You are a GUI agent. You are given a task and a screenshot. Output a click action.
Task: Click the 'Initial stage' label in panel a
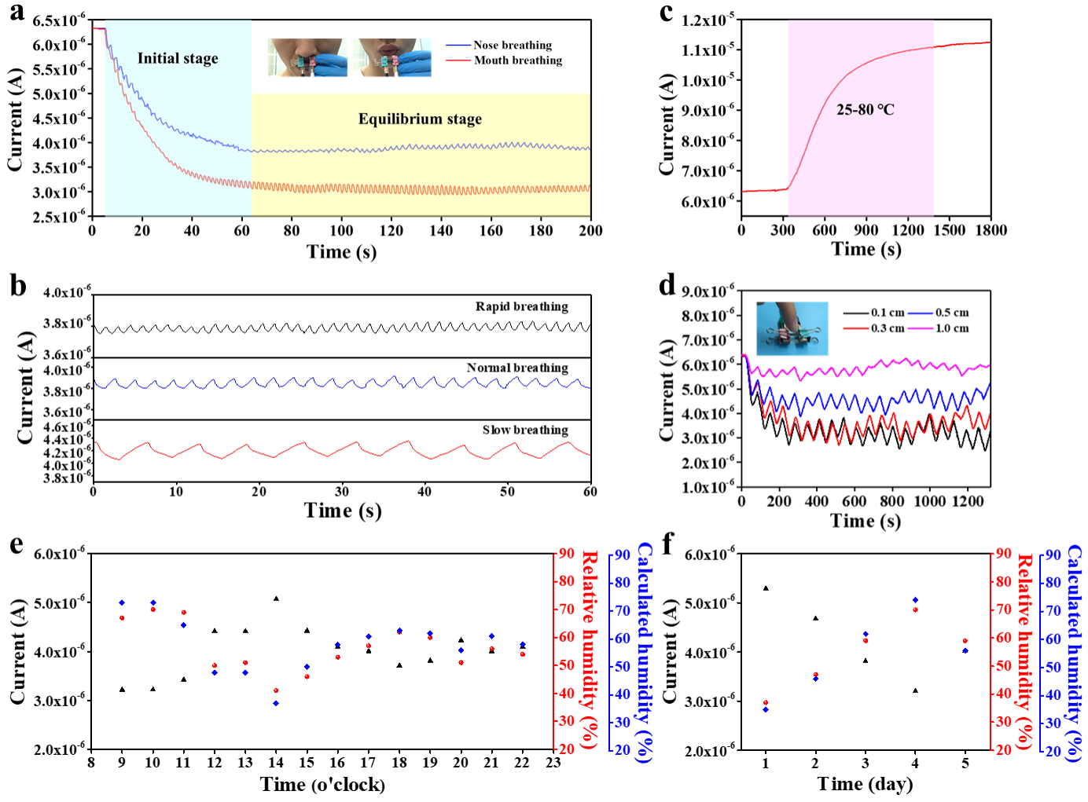(178, 59)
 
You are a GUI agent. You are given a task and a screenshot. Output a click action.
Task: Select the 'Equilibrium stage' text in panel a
(420, 119)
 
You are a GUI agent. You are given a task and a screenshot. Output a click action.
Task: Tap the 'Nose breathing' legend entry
(499, 45)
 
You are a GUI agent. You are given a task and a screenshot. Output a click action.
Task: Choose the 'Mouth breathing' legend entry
(504, 60)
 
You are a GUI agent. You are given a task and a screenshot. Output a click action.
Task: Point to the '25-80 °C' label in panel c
(865, 110)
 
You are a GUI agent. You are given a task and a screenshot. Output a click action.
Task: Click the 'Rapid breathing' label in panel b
(522, 307)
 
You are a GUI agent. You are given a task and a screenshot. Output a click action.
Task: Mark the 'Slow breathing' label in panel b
(525, 430)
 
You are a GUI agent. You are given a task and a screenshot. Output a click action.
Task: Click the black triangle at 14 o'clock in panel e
(276, 599)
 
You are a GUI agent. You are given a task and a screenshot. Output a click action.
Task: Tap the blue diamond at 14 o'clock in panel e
(276, 703)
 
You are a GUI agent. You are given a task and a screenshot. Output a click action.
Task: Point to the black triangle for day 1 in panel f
(766, 588)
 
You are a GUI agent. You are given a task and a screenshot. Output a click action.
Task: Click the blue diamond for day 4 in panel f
(916, 599)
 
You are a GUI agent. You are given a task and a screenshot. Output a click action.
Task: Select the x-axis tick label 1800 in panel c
(991, 230)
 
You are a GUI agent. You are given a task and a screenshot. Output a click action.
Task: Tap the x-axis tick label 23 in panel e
(553, 763)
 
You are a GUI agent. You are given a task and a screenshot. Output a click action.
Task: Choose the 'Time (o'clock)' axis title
(322, 785)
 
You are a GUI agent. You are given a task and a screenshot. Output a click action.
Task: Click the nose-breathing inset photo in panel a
(307, 57)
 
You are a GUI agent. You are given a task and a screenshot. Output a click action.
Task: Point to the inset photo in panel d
(792, 328)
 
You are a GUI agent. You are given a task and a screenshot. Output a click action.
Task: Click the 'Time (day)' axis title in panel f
(865, 785)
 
